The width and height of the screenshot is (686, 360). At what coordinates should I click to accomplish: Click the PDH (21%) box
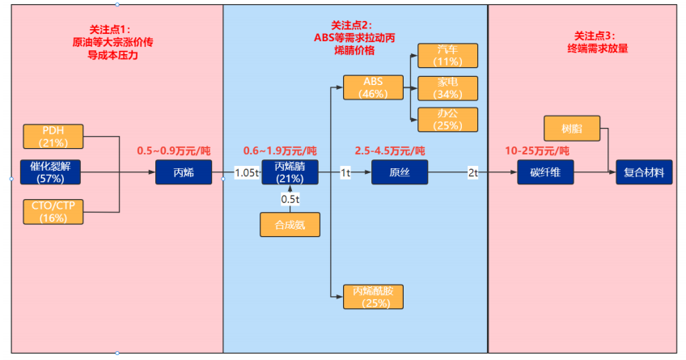click(x=53, y=137)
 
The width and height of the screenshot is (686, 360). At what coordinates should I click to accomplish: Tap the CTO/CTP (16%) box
click(x=53, y=211)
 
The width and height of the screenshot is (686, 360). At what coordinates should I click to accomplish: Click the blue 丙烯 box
click(x=184, y=172)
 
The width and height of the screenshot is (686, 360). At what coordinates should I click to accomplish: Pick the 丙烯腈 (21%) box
click(x=290, y=172)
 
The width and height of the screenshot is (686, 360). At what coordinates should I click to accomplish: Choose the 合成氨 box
click(x=290, y=224)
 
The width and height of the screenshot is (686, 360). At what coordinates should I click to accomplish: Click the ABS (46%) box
click(x=373, y=87)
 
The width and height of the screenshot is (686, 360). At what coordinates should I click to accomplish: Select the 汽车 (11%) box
click(x=447, y=56)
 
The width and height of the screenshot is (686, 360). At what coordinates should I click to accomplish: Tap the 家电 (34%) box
click(x=447, y=87)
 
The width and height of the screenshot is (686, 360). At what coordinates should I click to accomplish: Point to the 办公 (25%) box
click(x=447, y=120)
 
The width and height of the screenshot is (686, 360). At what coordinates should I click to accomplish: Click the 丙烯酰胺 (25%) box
click(x=373, y=297)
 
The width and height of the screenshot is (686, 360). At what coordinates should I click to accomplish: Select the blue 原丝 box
click(x=400, y=172)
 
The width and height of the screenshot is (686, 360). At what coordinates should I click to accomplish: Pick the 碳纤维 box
click(x=545, y=172)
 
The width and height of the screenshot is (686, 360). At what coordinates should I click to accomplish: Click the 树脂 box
click(x=570, y=128)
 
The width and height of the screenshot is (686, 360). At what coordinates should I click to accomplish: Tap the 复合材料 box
click(x=644, y=172)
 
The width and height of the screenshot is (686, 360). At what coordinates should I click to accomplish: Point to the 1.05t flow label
click(x=246, y=172)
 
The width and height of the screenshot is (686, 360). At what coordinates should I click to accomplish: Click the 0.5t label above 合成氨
click(x=290, y=199)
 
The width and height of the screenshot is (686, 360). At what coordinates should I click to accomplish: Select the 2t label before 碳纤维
click(x=472, y=172)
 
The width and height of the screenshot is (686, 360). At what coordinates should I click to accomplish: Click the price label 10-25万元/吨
click(x=537, y=151)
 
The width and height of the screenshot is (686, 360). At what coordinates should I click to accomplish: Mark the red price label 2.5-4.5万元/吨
click(x=389, y=151)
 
